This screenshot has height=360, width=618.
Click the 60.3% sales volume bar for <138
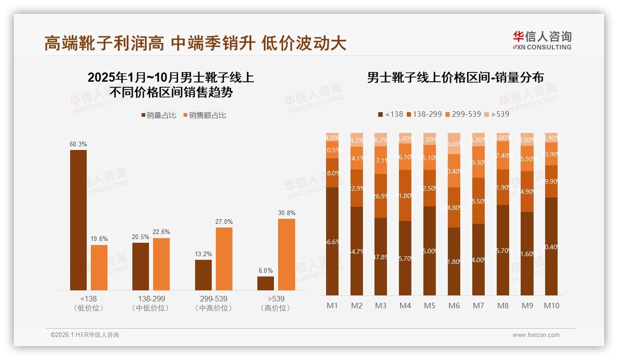pos(78,220)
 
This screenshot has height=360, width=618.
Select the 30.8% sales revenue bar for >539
pos(286,254)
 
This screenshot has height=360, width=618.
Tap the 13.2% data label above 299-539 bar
pos(203,254)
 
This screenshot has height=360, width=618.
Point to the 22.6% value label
pos(161,232)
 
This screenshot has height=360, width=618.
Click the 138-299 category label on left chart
pos(150,299)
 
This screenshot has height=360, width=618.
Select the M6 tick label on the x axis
pos(454,306)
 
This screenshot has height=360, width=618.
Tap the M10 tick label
pos(551,306)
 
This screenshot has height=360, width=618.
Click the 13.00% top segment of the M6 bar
pos(454,144)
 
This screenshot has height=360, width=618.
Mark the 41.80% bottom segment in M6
pos(454,261)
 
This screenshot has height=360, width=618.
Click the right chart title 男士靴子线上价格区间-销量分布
pos(455,78)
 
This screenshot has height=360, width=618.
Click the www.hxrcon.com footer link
pos(535,335)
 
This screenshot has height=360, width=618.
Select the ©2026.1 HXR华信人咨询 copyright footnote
pos(84,335)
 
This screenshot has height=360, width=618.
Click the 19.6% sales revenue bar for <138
pos(99,268)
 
